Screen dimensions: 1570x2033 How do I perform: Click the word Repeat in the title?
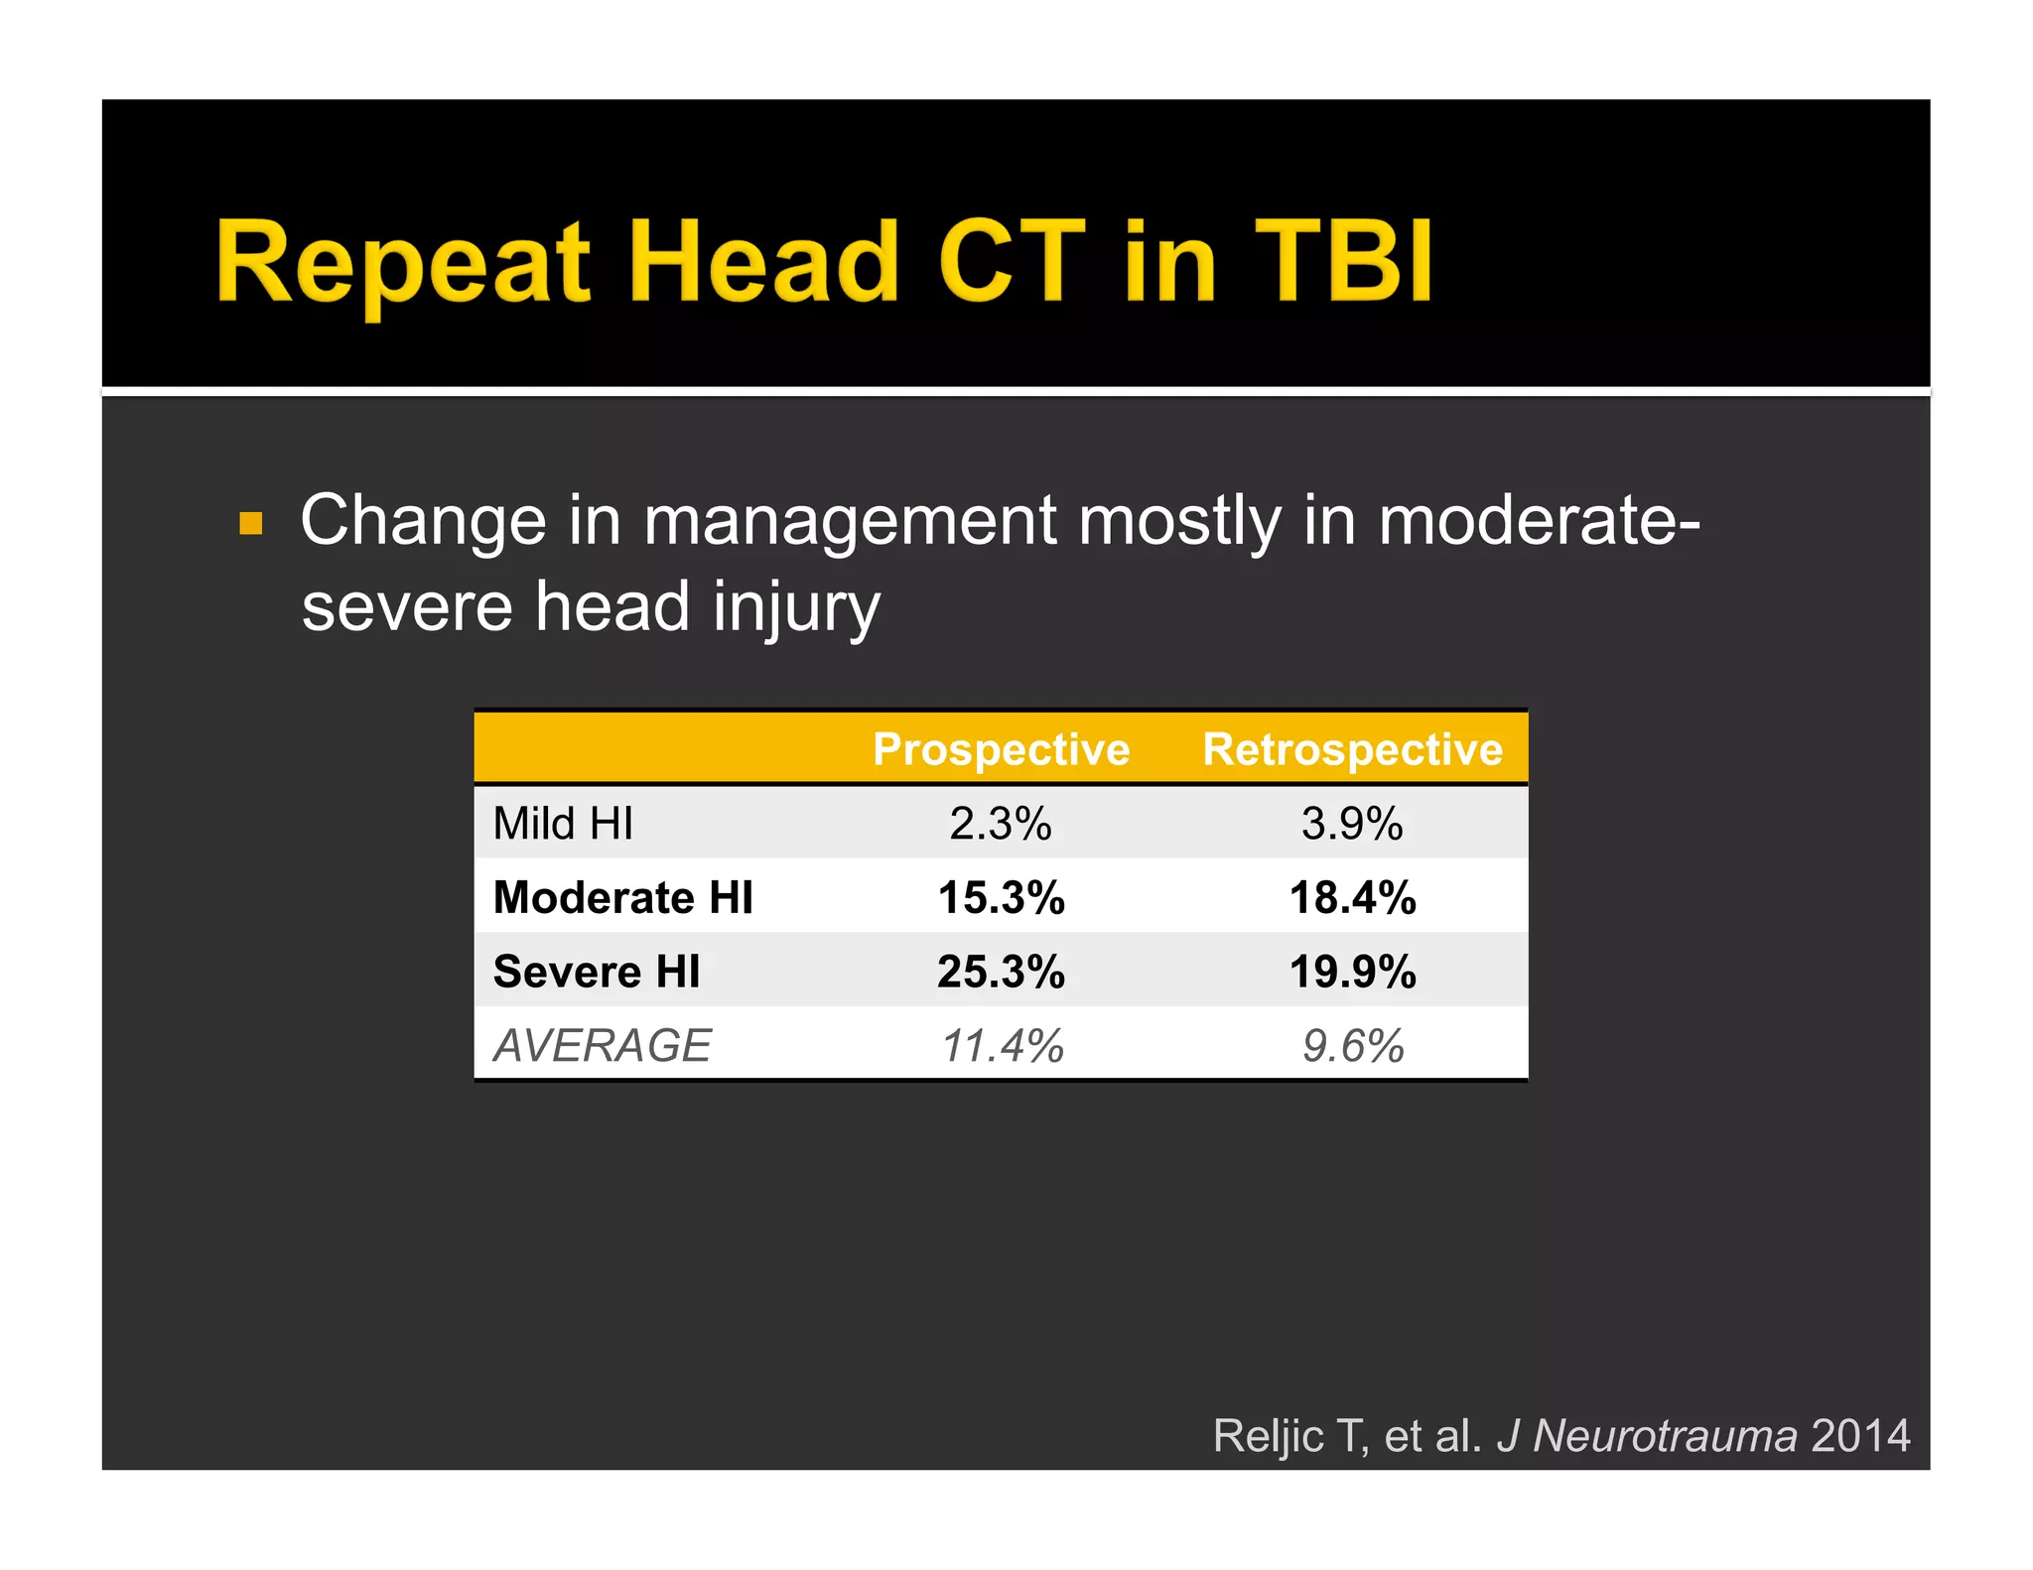pos(402,263)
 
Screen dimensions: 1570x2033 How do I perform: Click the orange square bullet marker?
pos(251,523)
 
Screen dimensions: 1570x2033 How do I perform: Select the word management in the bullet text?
pos(850,521)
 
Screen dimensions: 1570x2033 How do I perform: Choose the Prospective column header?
pos(1001,749)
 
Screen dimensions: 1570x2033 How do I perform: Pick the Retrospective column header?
pos(1352,749)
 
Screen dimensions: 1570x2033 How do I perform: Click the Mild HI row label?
pos(563,824)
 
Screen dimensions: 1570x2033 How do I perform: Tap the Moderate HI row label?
pos(622,898)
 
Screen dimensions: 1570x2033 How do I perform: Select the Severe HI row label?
pos(597,972)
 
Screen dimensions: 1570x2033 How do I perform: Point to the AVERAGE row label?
pos(603,1046)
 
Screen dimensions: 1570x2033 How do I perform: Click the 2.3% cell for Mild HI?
pos(1001,824)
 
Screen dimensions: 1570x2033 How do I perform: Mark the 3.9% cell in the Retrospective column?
pos(1352,824)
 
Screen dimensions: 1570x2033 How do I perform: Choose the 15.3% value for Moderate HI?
pos(1001,898)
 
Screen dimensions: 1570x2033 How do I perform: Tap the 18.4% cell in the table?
pos(1352,898)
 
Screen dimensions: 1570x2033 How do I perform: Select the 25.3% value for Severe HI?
pos(1001,972)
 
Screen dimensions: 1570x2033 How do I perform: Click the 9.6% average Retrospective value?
pos(1352,1046)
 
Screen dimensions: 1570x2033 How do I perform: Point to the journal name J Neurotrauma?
pos(1647,1436)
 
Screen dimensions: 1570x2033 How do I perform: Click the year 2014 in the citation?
pos(1860,1436)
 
